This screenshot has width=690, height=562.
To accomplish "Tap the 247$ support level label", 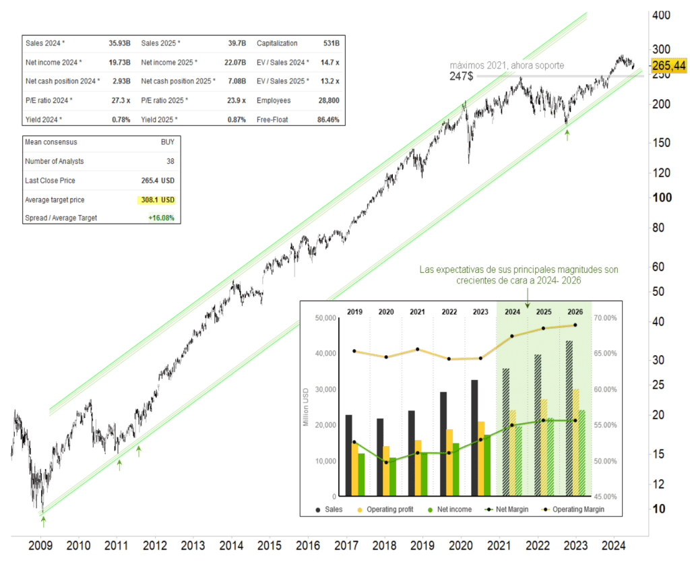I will (x=462, y=77).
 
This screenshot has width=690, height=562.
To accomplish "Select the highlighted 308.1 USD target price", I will (x=156, y=200).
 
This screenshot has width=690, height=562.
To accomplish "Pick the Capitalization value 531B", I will (x=331, y=43).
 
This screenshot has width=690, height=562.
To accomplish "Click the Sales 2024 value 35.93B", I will (x=119, y=43).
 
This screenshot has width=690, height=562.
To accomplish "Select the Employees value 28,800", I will (x=328, y=100).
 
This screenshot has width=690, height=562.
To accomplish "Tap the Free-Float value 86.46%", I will (x=327, y=119).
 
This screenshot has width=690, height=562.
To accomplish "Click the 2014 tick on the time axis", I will (x=230, y=545).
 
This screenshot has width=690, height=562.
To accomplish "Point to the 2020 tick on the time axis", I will (x=461, y=545).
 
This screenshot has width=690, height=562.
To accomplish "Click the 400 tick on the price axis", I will (x=660, y=15).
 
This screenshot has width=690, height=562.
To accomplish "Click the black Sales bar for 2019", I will (x=348, y=456).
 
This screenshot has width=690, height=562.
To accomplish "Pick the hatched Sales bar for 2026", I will (x=569, y=418).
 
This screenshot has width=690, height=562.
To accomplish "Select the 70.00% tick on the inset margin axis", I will (x=609, y=317).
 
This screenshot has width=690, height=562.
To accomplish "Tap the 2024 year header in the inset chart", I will (x=511, y=312).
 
